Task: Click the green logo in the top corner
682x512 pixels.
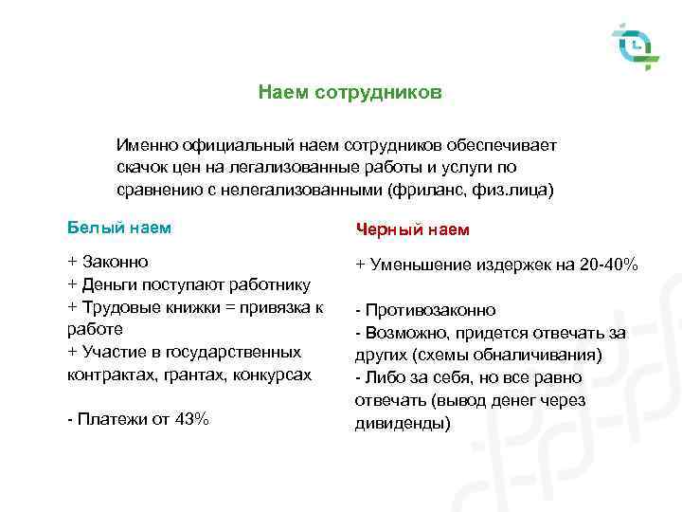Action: [634, 46]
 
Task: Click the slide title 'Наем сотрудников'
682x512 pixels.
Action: [350, 94]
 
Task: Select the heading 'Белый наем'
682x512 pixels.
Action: [119, 228]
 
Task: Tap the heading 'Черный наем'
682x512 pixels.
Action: [412, 229]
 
